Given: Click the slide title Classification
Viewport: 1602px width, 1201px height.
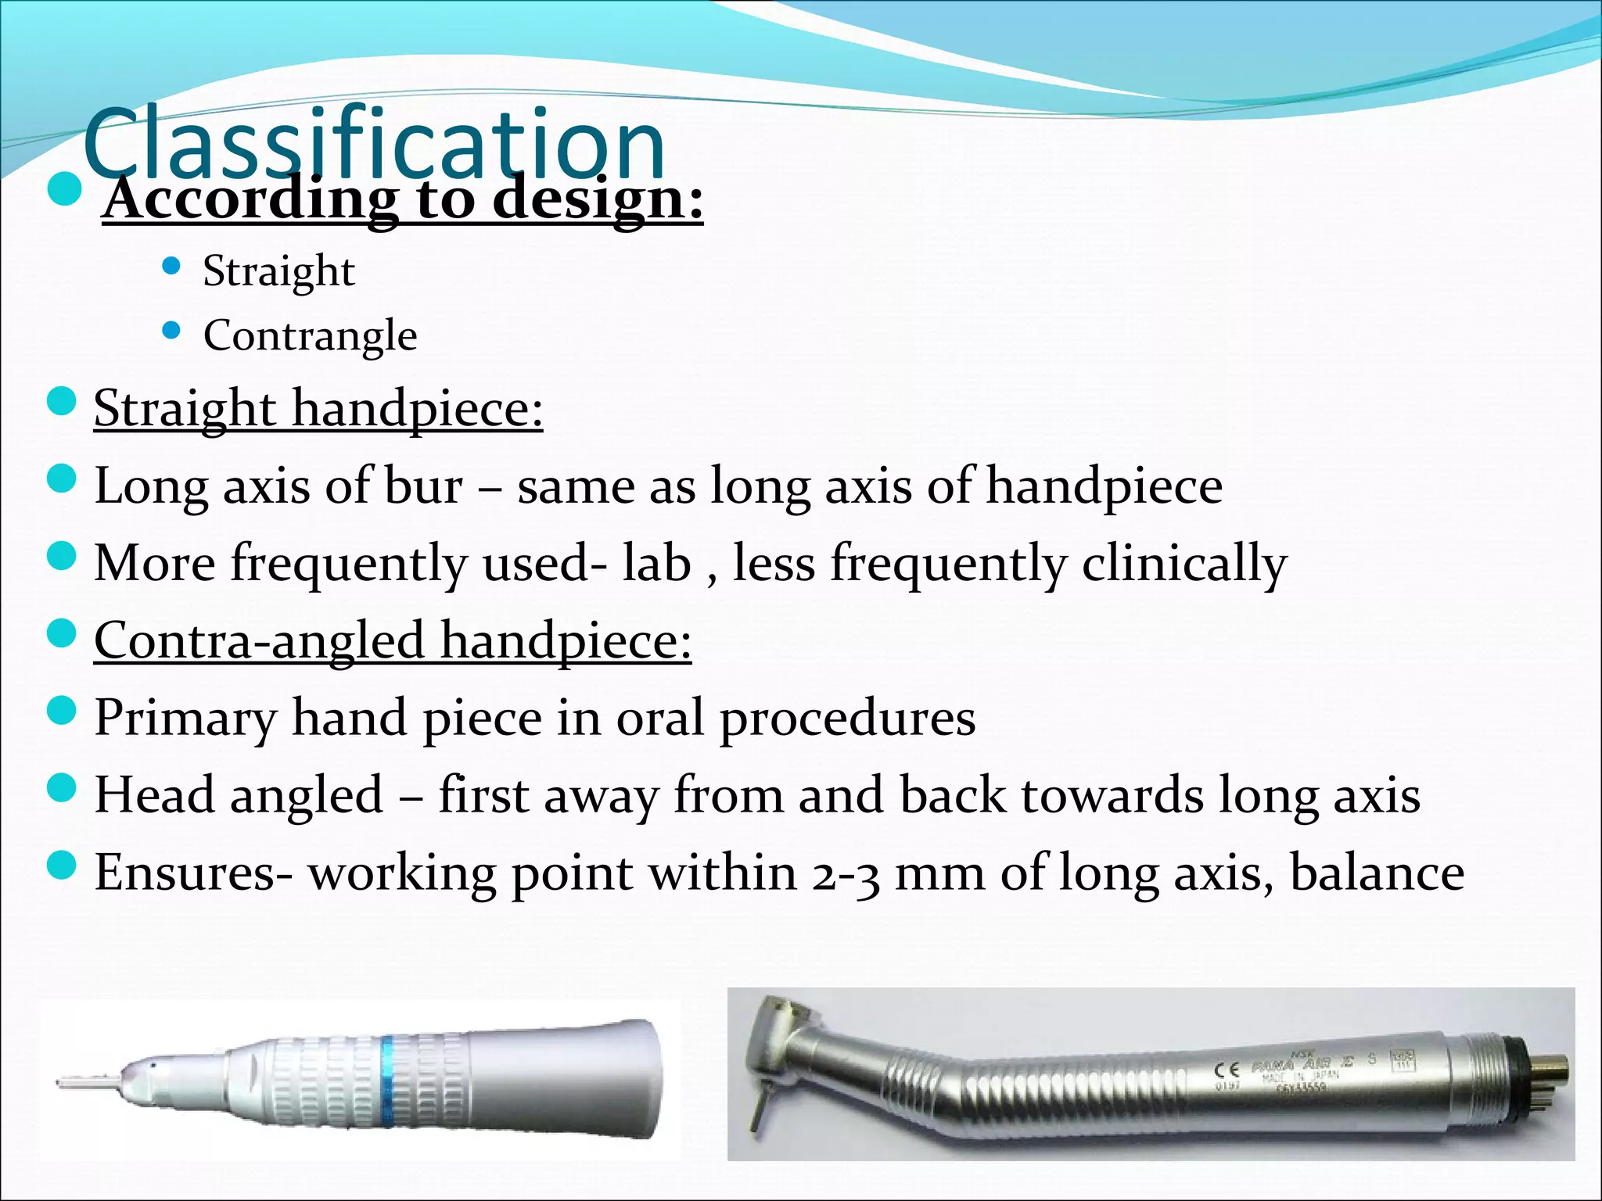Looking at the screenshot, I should click(374, 145).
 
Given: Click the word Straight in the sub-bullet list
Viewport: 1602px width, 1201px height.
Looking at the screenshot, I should click(278, 271).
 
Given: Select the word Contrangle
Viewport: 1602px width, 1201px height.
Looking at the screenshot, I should click(310, 335).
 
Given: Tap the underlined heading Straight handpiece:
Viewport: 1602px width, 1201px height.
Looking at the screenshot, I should click(318, 408).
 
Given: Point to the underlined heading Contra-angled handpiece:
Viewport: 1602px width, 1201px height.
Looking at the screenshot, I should click(393, 640).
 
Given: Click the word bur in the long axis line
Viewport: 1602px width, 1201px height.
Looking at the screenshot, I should click(423, 486).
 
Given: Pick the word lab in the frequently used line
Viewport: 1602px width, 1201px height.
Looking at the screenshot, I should click(656, 563).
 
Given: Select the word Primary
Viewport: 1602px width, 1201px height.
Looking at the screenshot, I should click(185, 719).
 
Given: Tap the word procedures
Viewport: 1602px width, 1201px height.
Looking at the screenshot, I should click(847, 719).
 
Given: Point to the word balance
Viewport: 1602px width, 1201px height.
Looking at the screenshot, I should click(1377, 873).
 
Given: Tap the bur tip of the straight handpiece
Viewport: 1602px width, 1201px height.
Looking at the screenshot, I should click(78, 1083).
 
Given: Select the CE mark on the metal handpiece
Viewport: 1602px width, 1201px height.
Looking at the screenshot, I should click(1227, 1069).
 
